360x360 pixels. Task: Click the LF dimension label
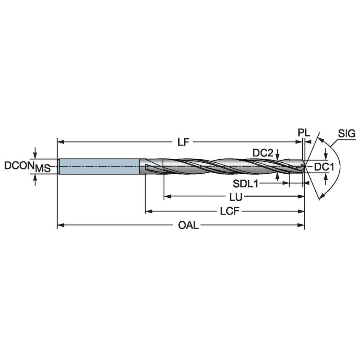pyautogui.click(x=183, y=142)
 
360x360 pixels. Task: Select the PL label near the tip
pyautogui.click(x=304, y=132)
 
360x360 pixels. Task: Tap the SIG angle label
pyautogui.click(x=347, y=134)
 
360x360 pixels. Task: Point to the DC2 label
pyautogui.click(x=263, y=153)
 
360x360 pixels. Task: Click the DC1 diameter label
pyautogui.click(x=324, y=167)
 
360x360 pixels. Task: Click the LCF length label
pyautogui.click(x=230, y=212)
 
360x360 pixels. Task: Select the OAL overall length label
pyautogui.click(x=188, y=226)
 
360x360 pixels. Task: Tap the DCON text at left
pyautogui.click(x=19, y=166)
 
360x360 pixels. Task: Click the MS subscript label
pyautogui.click(x=43, y=169)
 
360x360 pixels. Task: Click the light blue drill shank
pyautogui.click(x=99, y=167)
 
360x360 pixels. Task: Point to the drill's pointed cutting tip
pyautogui.click(x=305, y=167)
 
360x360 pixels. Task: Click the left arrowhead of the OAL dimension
pyautogui.click(x=60, y=226)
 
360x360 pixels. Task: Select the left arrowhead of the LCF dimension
pyautogui.click(x=148, y=211)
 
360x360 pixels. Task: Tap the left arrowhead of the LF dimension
pyautogui.click(x=60, y=142)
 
